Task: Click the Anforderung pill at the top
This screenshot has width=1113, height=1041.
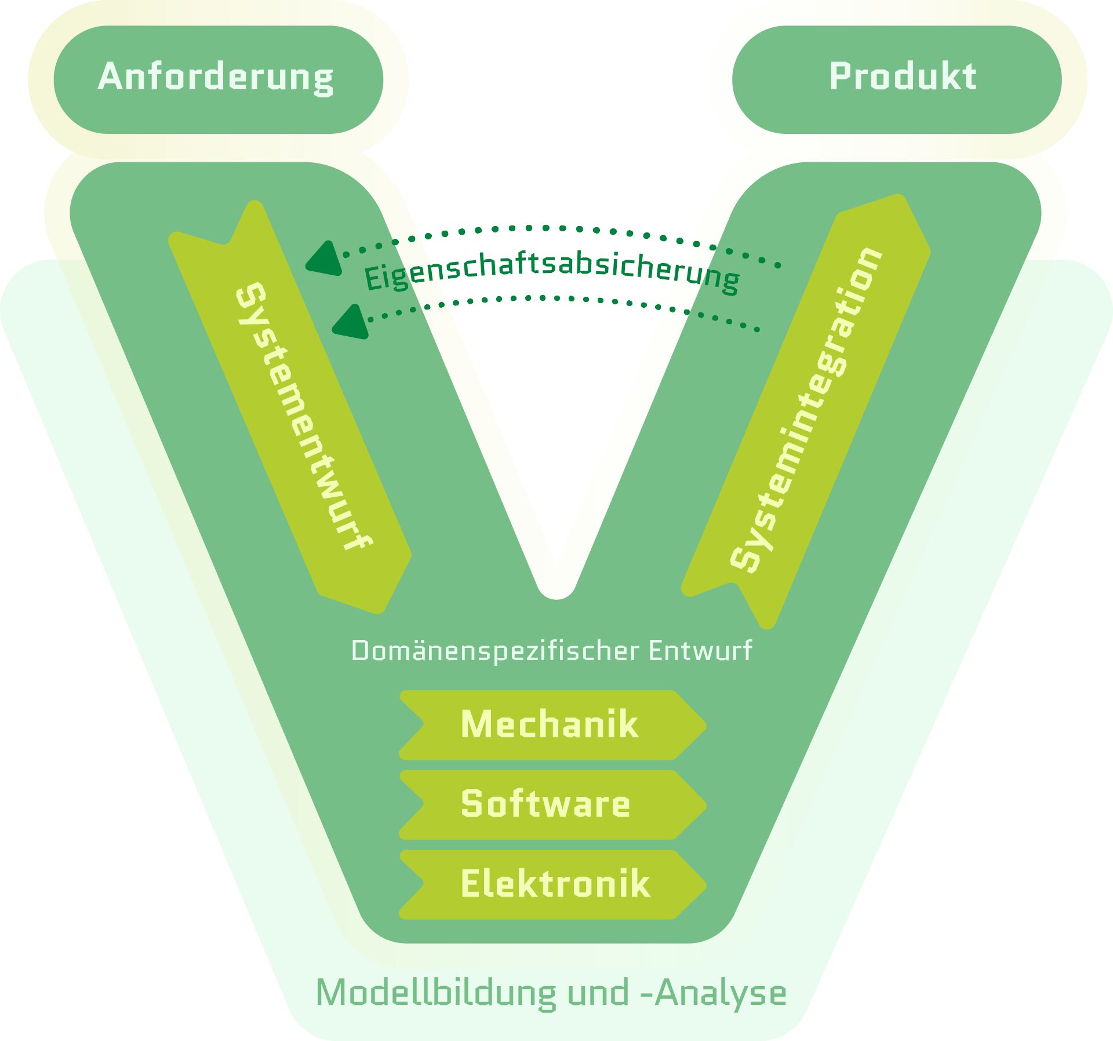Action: [218, 79]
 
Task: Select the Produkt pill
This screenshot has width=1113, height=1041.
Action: [897, 79]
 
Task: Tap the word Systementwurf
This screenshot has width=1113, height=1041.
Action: [303, 416]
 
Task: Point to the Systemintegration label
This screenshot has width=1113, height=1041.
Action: [806, 410]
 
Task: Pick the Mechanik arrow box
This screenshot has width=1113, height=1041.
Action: [552, 725]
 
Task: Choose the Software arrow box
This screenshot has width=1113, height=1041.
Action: [552, 805]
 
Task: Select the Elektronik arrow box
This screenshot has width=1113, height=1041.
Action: [552, 885]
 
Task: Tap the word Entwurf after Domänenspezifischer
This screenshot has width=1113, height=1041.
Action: [700, 650]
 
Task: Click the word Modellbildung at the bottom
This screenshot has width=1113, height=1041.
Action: [436, 992]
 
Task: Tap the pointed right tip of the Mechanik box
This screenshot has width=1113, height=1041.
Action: [705, 725]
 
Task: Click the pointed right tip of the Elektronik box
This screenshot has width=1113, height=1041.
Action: [705, 885]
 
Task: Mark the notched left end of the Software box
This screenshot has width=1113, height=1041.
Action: [423, 805]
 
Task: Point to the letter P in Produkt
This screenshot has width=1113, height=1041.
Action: [842, 76]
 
